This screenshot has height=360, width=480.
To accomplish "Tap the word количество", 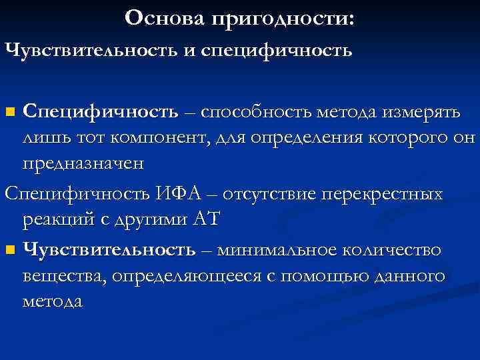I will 393,250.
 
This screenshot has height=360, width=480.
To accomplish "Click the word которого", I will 419,138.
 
